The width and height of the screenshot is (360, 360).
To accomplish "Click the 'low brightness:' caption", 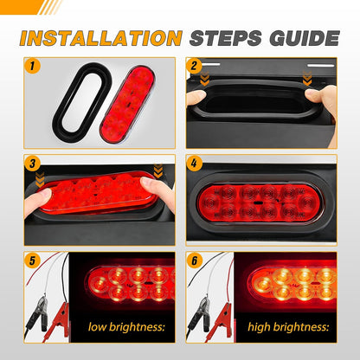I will (123, 327).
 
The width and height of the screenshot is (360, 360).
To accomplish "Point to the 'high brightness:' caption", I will (287, 327).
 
